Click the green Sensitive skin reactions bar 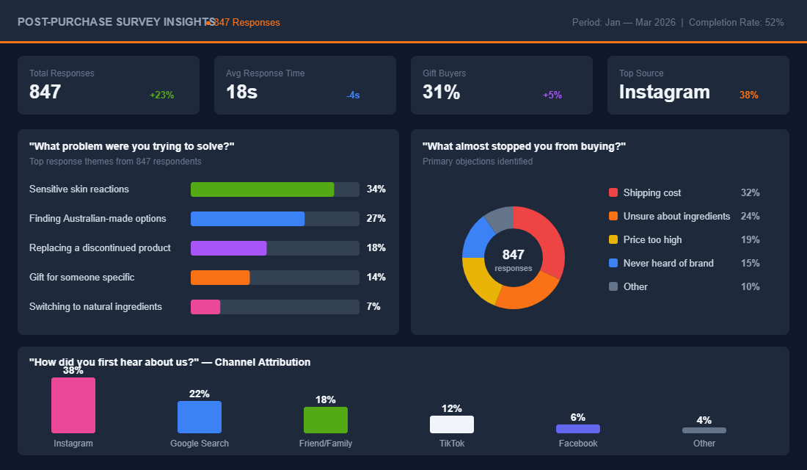click(x=262, y=189)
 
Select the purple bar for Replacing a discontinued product click(x=228, y=248)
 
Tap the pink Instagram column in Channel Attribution click(x=73, y=405)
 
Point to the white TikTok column click(x=452, y=424)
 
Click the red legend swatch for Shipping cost click(x=613, y=192)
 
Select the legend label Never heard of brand click(x=668, y=263)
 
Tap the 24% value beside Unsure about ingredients click(x=750, y=216)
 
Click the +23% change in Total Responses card click(x=161, y=95)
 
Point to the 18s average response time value click(x=241, y=92)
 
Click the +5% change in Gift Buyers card click(x=552, y=95)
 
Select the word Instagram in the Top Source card click(x=664, y=92)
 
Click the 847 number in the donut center click(x=514, y=254)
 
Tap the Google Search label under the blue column click(x=200, y=444)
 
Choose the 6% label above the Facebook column click(x=578, y=417)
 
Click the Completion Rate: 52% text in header click(x=736, y=22)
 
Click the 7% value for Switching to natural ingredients click(x=373, y=307)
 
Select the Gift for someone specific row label click(x=81, y=278)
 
